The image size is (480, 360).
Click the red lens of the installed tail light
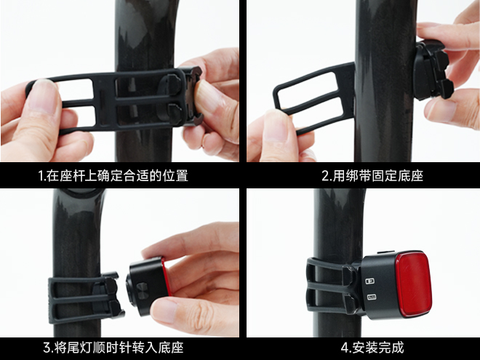pyautogui.click(x=413, y=284)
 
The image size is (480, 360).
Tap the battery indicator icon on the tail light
pyautogui.click(x=370, y=281)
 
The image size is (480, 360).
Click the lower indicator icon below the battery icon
pyautogui.click(x=372, y=297)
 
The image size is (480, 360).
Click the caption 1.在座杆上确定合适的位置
pyautogui.click(x=113, y=176)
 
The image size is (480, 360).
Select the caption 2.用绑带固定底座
pyautogui.click(x=372, y=176)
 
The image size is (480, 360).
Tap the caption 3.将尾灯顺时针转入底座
pyautogui.click(x=113, y=348)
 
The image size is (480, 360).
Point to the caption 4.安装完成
pyautogui.click(x=372, y=348)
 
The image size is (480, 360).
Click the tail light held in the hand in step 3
pyautogui.click(x=148, y=287)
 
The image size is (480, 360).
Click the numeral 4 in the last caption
pyautogui.click(x=344, y=348)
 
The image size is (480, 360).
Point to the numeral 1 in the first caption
pyautogui.click(x=41, y=176)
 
